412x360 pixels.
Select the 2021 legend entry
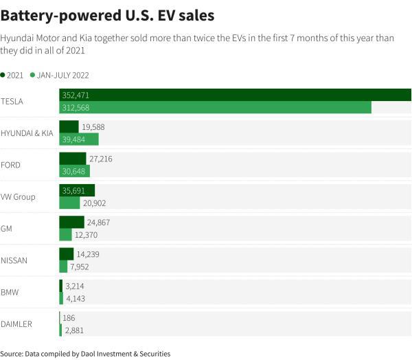click(14, 74)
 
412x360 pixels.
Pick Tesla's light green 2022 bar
click(215, 107)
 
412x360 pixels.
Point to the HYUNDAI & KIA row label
click(27, 133)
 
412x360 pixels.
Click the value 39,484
click(74, 139)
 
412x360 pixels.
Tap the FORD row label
click(10, 165)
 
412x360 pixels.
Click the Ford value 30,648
click(74, 171)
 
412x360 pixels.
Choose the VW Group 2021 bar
click(77, 190)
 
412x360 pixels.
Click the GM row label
click(7, 229)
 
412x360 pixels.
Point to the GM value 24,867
click(99, 223)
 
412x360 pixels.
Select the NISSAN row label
click(14, 260)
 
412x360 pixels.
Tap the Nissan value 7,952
click(80, 267)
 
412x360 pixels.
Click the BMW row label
click(10, 292)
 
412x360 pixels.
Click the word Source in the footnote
click(12, 353)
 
